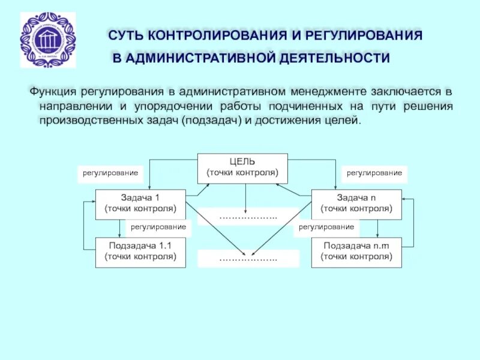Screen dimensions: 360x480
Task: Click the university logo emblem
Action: click(x=48, y=40)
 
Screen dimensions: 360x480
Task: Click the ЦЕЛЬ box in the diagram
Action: click(x=242, y=167)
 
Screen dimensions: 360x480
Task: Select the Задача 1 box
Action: click(x=140, y=203)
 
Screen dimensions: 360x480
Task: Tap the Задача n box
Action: click(x=356, y=203)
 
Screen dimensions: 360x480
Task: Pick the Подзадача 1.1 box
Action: click(x=140, y=251)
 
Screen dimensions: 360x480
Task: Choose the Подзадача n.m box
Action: click(x=356, y=251)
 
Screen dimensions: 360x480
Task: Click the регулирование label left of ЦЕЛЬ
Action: click(x=110, y=173)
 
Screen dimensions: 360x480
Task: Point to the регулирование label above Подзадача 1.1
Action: click(x=158, y=227)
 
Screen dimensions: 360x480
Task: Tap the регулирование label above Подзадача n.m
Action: click(x=326, y=227)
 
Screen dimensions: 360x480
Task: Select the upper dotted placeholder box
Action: click(x=248, y=216)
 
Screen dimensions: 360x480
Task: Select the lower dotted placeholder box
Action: click(x=248, y=259)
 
